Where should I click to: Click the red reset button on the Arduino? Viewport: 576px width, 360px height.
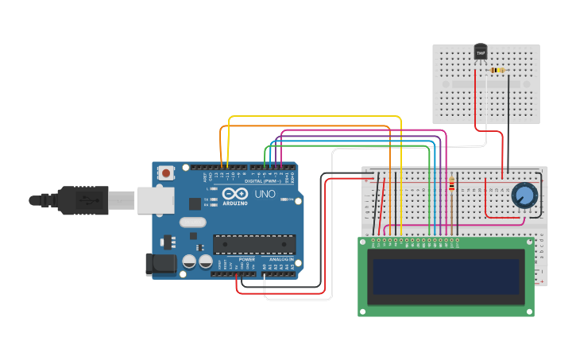166,172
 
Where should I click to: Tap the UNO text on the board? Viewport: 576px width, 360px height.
265,194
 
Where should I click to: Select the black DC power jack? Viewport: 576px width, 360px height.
160,264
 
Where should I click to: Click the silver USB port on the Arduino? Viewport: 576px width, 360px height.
155,200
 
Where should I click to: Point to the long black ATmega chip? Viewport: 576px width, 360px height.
253,244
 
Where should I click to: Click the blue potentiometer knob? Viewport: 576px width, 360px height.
524,195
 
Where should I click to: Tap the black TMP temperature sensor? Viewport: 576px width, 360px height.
480,52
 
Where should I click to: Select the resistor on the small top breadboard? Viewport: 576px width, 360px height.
497,71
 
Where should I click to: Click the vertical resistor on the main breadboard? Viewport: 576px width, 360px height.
452,185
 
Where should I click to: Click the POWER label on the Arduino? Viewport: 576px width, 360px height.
247,259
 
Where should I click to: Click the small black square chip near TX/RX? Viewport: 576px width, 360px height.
195,203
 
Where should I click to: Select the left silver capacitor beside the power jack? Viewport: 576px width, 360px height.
189,261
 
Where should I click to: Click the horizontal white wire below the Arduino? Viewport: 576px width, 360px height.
298,300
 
